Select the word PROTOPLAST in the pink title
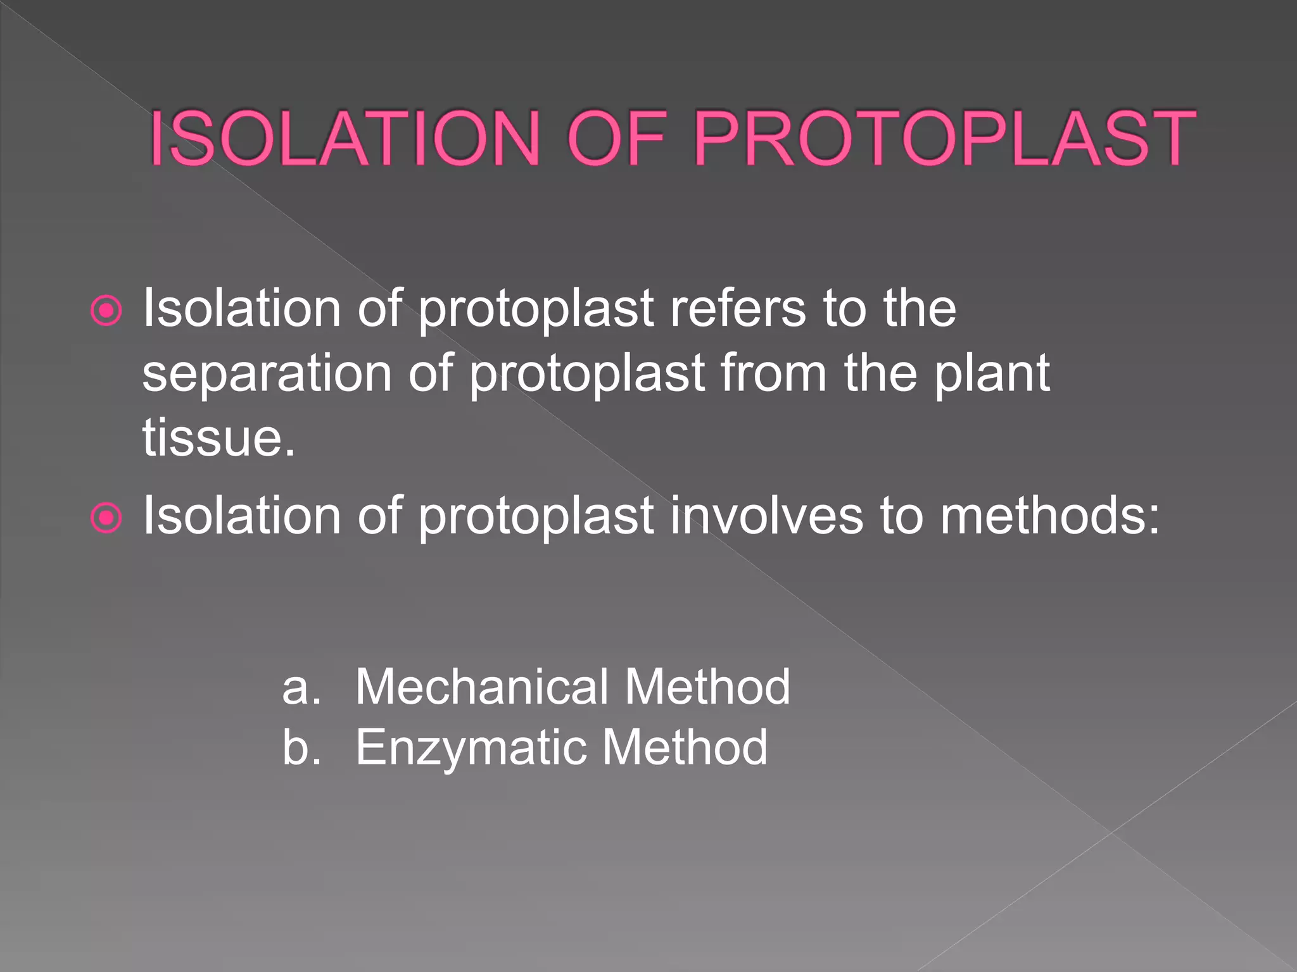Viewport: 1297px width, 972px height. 944,139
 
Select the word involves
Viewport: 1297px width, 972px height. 766,516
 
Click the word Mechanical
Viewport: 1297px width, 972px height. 481,687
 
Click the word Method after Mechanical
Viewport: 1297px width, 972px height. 708,687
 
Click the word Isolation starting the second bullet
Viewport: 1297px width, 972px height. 241,516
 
